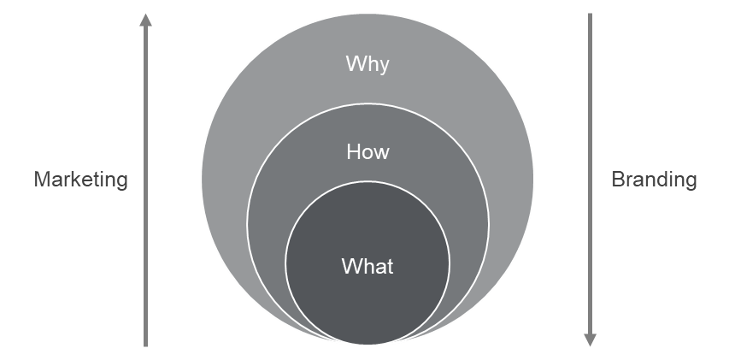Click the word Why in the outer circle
[367, 64]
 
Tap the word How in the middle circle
[367, 152]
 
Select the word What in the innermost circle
[367, 265]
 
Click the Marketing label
[80, 180]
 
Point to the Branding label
[654, 180]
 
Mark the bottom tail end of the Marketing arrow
[146, 345]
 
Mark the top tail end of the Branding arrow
[590, 15]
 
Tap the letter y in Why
[384, 67]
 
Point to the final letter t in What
[391, 265]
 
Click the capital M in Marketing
[40, 180]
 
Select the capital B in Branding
[617, 180]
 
